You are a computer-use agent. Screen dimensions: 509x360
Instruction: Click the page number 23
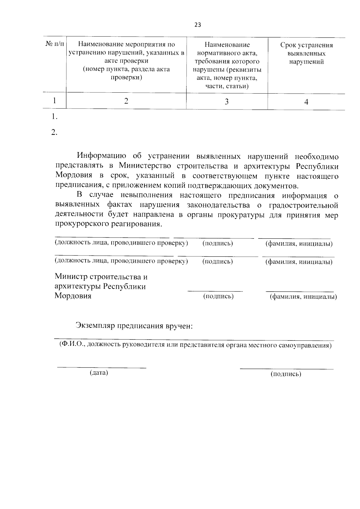(x=198, y=25)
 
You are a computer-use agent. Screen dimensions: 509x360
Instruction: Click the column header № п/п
(x=55, y=44)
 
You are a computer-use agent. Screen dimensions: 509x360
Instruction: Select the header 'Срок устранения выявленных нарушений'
(x=306, y=53)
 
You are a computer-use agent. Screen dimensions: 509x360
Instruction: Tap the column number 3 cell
(x=227, y=102)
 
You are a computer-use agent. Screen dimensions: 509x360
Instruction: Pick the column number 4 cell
(x=306, y=102)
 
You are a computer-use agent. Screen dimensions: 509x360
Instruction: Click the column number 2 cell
(x=126, y=101)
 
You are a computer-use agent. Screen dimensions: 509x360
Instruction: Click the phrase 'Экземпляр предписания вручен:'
(x=134, y=326)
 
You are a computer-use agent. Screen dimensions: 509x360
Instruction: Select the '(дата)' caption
(x=99, y=373)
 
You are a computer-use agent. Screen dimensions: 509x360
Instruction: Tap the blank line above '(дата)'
(x=102, y=367)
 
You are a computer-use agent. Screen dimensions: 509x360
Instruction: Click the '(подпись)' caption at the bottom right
(x=286, y=374)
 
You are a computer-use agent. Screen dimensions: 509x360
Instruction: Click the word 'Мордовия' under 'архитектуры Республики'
(x=73, y=296)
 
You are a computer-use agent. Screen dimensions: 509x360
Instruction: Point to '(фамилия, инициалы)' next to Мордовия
(x=303, y=297)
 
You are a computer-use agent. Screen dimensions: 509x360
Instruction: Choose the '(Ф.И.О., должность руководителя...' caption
(x=195, y=345)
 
